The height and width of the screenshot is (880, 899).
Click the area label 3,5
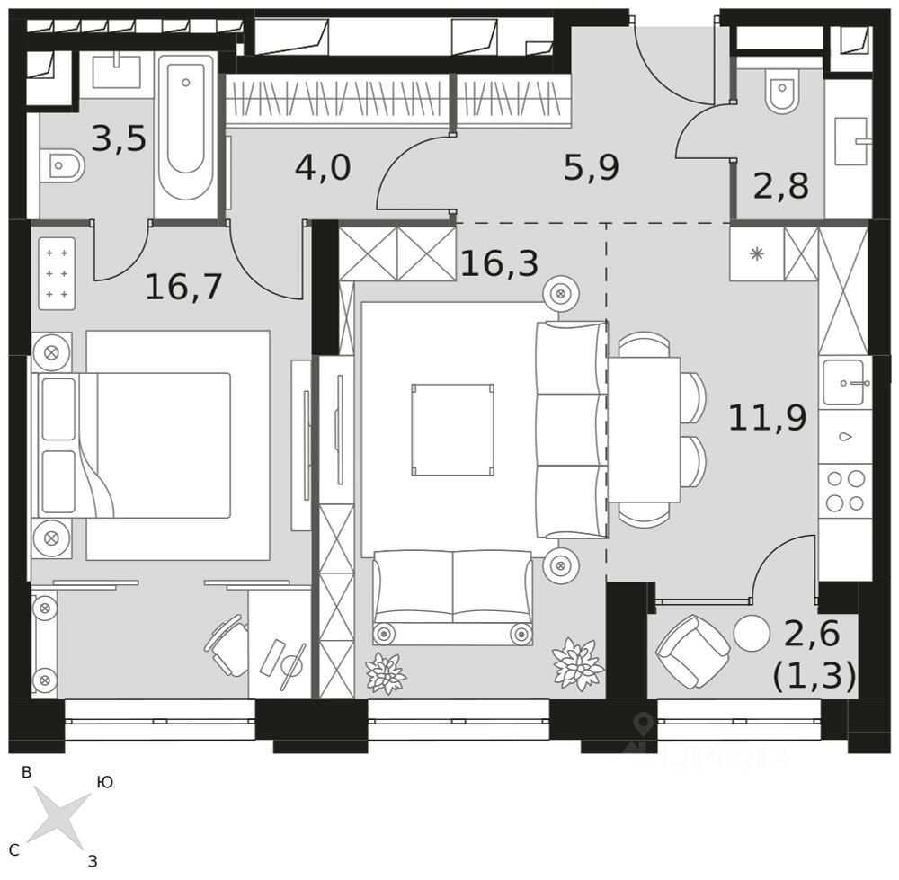pos(119,139)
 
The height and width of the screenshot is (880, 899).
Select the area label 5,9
pos(591,167)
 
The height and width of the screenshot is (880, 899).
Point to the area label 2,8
pos(780,188)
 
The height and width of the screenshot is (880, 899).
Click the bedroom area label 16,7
pos(183,287)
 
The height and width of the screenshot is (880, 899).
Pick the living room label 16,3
pos(499,263)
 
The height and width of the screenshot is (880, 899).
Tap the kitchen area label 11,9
pos(766,418)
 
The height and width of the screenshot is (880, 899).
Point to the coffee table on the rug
pos(452,430)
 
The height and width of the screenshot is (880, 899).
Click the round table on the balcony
pos(751,635)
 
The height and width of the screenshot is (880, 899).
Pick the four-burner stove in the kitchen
pos(845,491)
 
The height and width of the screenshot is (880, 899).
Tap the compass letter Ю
pos(104,783)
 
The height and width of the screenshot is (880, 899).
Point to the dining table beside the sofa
pos(644,430)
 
